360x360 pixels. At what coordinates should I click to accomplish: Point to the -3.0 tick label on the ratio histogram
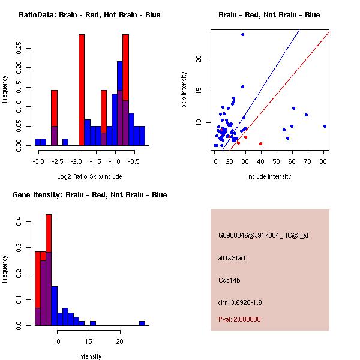[x=40, y=161]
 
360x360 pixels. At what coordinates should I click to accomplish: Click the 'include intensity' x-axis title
[x=269, y=176]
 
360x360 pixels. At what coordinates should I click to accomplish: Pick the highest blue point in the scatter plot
[x=242, y=34]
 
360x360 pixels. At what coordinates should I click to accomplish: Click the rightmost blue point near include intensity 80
[x=325, y=126]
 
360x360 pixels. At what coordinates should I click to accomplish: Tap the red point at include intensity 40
[x=260, y=143]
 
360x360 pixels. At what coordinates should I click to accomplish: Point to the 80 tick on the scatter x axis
[x=324, y=161]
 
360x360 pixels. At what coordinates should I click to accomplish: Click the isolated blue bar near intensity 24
[x=142, y=323]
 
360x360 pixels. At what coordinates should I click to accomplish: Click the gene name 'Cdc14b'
[x=230, y=280]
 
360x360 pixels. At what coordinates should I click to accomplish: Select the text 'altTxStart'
[x=232, y=258]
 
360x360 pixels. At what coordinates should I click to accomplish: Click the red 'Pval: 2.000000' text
[x=239, y=319]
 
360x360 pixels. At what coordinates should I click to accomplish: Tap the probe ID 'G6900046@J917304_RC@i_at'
[x=263, y=236]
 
